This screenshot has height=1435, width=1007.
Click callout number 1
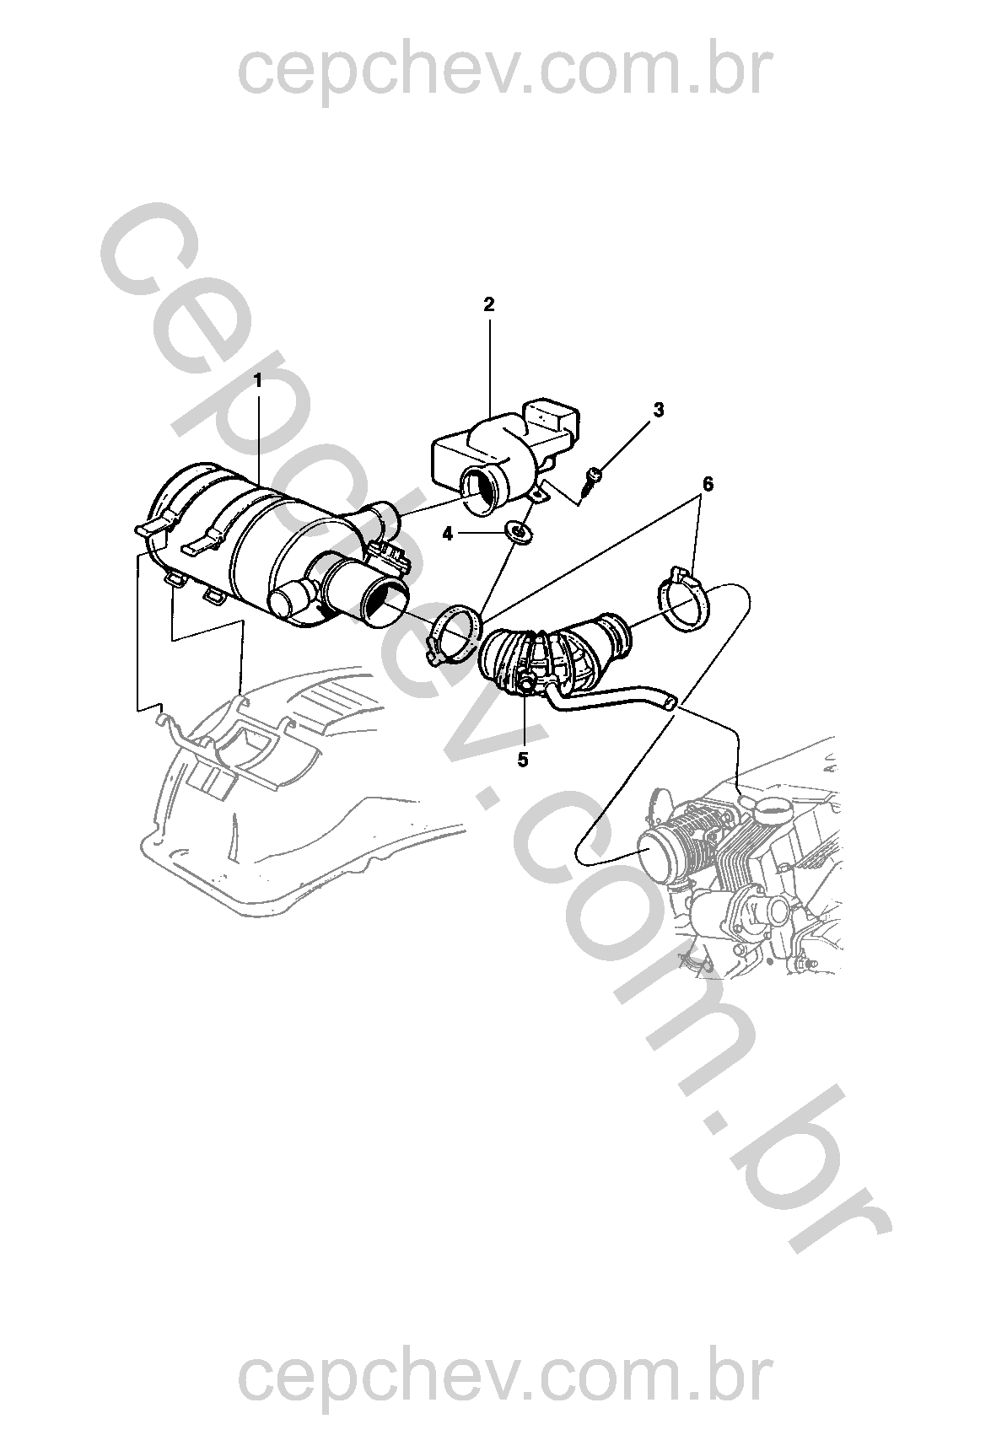click(258, 380)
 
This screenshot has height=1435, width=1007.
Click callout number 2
click(489, 305)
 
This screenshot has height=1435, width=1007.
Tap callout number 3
click(659, 410)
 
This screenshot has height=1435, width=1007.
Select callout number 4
click(447, 533)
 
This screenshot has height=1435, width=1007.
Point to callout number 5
click(523, 760)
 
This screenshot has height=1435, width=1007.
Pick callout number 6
click(707, 484)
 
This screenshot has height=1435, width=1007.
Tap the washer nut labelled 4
click(516, 531)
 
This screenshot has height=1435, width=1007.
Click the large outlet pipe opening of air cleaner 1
click(383, 601)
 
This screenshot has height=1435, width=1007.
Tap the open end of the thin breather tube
click(669, 704)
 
